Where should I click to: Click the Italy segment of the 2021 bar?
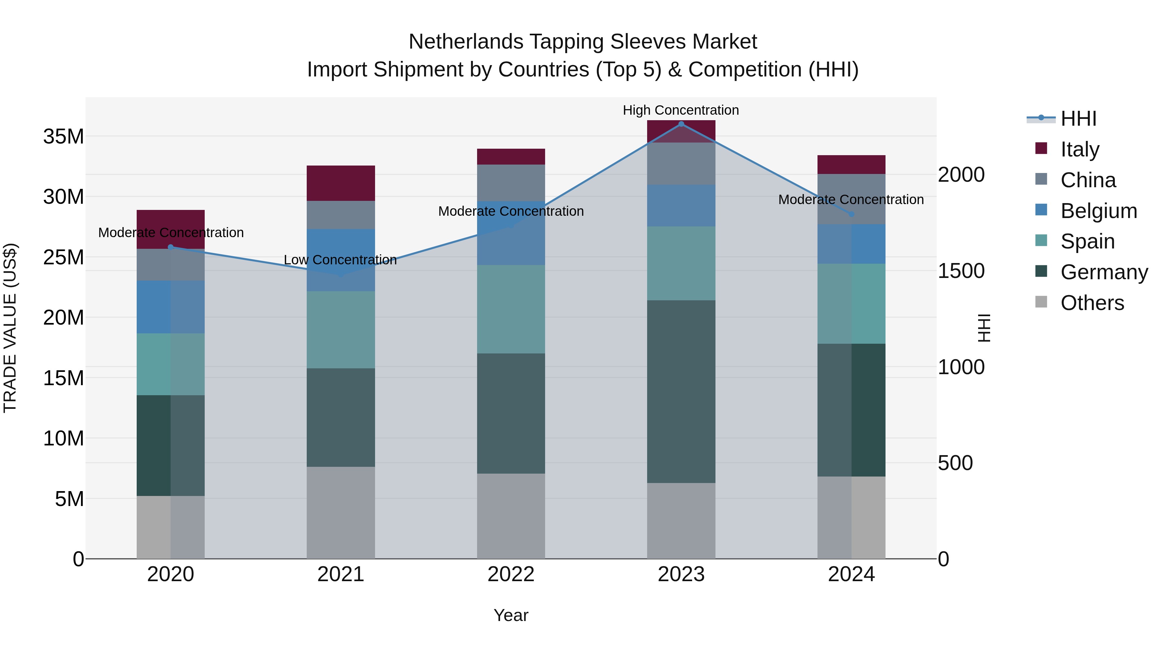(340, 183)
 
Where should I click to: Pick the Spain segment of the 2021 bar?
(340, 329)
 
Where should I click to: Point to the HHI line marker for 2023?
(681, 124)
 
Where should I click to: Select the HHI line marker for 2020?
(171, 247)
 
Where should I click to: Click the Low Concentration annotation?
(340, 260)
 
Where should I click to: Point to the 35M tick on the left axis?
(63, 136)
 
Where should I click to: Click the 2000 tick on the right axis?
(961, 175)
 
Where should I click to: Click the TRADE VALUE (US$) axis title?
(10, 328)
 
